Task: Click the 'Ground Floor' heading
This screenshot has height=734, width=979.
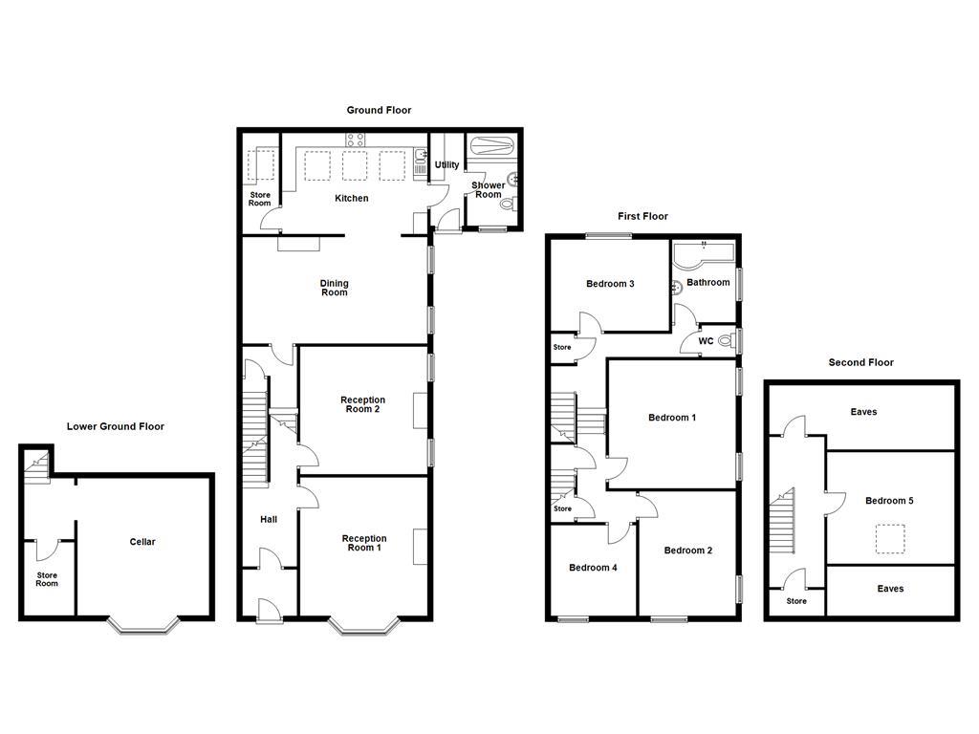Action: [x=379, y=111]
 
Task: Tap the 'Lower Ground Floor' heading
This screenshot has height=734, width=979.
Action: [x=115, y=427]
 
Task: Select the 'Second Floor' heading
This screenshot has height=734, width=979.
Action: [x=860, y=363]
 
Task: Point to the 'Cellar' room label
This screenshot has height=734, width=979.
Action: [x=142, y=543]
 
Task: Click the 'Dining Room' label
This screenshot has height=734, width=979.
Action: [x=334, y=288]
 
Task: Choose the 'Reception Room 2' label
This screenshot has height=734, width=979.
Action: [x=362, y=405]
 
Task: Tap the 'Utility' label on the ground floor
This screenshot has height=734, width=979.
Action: [x=446, y=165]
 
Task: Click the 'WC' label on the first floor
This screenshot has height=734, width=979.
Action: [x=706, y=341]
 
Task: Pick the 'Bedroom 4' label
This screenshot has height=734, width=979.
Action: [x=593, y=568]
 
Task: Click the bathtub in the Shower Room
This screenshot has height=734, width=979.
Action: [x=491, y=146]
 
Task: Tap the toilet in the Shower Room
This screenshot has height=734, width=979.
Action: [x=508, y=203]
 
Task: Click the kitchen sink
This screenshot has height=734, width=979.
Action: [x=421, y=155]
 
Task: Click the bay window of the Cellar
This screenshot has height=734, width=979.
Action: [x=142, y=626]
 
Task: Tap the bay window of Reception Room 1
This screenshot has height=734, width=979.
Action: [x=364, y=626]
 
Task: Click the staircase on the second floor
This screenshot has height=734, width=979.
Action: [x=782, y=525]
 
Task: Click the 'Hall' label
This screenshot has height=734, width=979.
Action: [x=269, y=520]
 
